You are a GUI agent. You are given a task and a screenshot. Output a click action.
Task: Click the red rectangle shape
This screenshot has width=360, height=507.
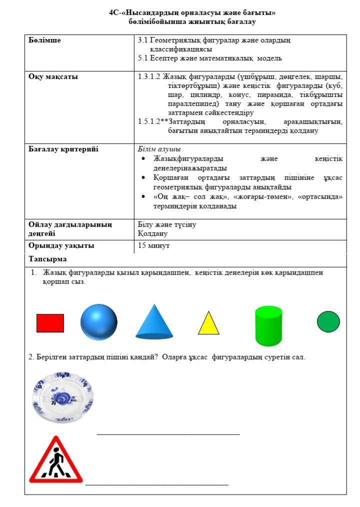coord(50,323)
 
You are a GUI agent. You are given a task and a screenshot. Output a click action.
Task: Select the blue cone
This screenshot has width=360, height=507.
coord(155,323)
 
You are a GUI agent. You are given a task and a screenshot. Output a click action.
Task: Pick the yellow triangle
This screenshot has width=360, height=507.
coord(208,324)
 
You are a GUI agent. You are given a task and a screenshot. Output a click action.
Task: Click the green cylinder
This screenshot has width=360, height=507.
coord(268,326)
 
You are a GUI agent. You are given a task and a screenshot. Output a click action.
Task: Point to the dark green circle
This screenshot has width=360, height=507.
coord(328,321)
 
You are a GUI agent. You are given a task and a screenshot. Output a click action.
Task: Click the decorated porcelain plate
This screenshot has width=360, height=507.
coord(62,398)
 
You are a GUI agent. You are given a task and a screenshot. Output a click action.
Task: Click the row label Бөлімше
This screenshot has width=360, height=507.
coord(45,40)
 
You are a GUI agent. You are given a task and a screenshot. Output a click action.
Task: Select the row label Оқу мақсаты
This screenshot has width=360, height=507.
coord(53,77)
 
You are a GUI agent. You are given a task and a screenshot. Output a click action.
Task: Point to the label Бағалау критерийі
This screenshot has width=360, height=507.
coord(63,149)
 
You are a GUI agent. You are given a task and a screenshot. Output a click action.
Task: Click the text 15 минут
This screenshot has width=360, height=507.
coord(154,246)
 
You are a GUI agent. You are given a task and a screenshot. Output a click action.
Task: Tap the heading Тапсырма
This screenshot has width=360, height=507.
coord(47,259)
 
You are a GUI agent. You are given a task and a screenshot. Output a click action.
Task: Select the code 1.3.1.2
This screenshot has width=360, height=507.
coord(149,77)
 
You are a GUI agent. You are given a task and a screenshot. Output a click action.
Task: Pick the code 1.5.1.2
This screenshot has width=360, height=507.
coord(149,121)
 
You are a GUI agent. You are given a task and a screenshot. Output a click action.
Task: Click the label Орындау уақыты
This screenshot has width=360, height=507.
coord(61,246)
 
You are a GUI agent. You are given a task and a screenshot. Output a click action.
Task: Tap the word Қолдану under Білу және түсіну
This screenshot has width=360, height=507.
coord(152,233)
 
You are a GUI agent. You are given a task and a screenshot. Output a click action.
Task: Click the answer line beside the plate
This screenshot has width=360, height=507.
coord(168,433)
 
